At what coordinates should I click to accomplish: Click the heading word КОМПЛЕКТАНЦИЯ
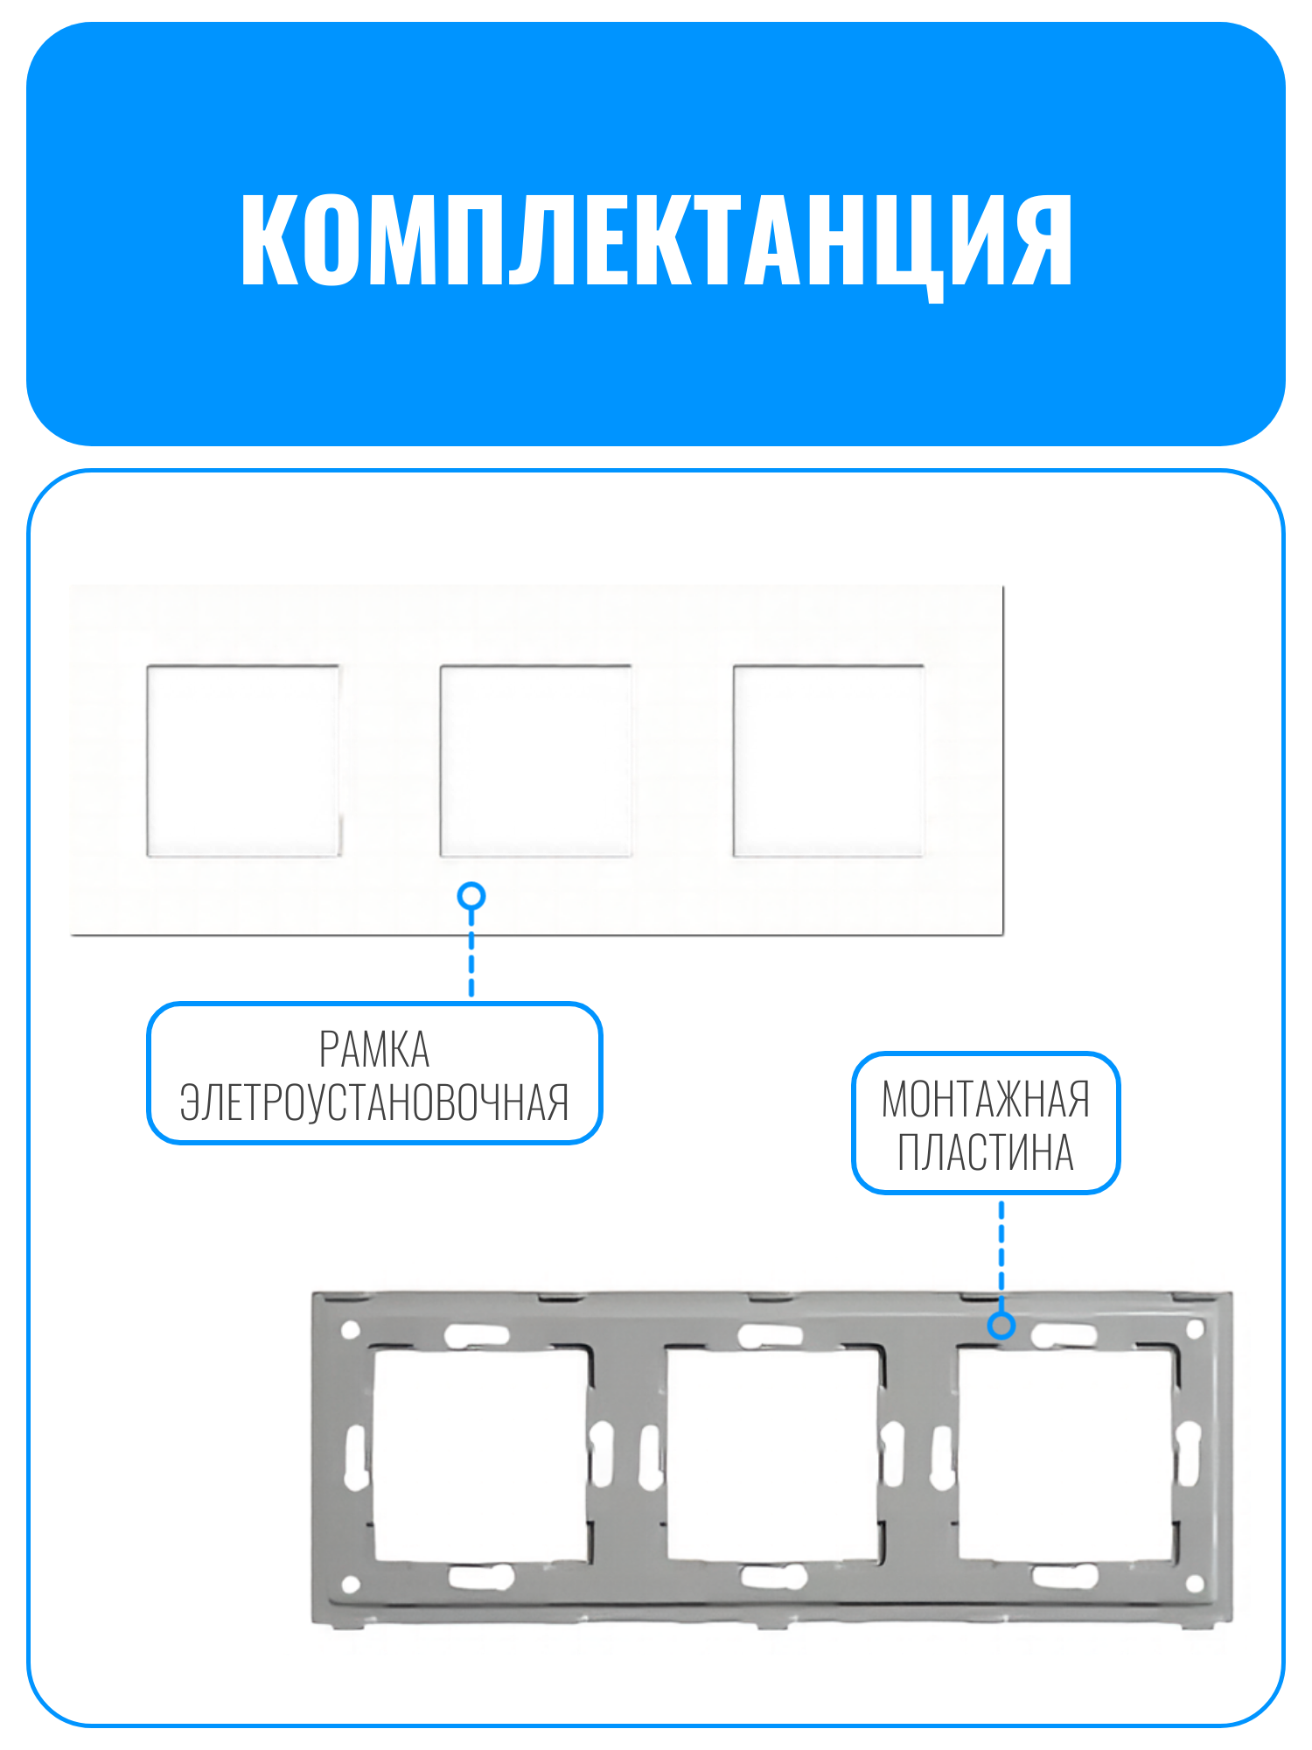click(x=656, y=241)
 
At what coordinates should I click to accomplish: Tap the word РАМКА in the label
click(x=374, y=1049)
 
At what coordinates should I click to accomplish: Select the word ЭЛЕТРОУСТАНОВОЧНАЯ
click(x=374, y=1102)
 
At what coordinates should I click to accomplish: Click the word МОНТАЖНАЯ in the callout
click(x=986, y=1099)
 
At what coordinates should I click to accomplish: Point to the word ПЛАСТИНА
click(x=986, y=1151)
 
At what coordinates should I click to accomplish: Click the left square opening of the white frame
click(x=243, y=760)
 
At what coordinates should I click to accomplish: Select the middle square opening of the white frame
click(x=535, y=760)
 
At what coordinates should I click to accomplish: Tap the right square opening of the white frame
click(x=828, y=760)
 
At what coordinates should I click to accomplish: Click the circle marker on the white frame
click(x=471, y=896)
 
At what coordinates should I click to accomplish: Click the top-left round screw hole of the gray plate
click(x=350, y=1331)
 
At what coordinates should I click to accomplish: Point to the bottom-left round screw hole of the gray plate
click(x=350, y=1584)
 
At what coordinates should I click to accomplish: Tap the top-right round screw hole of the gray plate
click(x=1196, y=1331)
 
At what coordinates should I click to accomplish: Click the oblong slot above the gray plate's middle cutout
click(x=771, y=1336)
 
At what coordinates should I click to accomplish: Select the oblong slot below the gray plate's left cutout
click(x=480, y=1578)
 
